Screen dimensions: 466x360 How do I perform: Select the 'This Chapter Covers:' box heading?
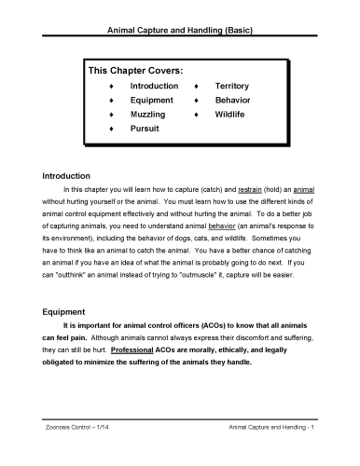tap(134, 70)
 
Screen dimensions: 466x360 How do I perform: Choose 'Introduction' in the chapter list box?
tap(154, 85)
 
